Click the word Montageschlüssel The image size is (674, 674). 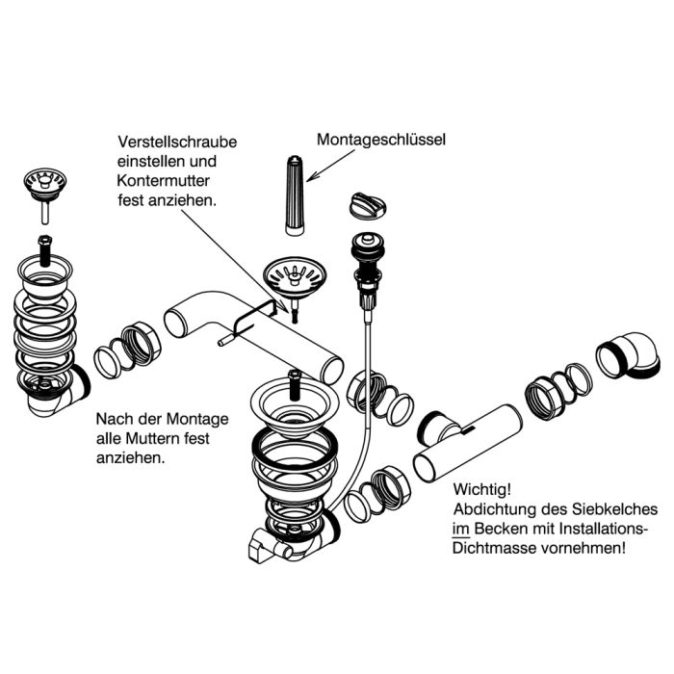pos(381,141)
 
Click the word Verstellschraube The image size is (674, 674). pos(177,142)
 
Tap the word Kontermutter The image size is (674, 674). pos(164,181)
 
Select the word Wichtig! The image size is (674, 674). pos(482,489)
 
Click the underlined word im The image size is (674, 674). pos(461,529)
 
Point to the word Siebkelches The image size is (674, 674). pos(614,509)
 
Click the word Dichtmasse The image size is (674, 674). pos(494,549)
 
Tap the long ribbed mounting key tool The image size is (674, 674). pos(295,195)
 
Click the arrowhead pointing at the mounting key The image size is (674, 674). pos(312,176)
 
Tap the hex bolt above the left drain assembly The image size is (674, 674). pos(44,250)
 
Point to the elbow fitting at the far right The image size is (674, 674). pos(629,357)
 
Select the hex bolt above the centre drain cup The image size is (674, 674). pos(295,385)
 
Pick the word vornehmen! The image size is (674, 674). pos(583,549)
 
